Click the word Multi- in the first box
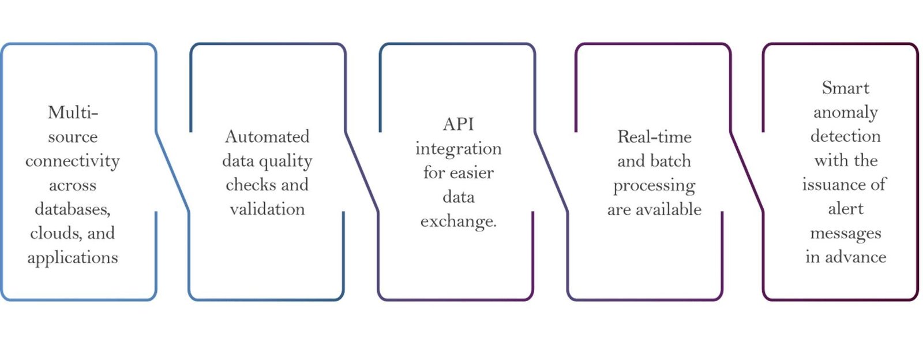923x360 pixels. click(x=73, y=112)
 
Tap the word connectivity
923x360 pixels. click(x=73, y=161)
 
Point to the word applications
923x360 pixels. click(x=73, y=257)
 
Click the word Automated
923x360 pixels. click(x=267, y=137)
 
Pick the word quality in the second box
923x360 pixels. click(x=287, y=162)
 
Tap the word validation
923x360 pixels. click(x=267, y=209)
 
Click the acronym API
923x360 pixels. click(x=458, y=124)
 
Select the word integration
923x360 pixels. click(x=458, y=149)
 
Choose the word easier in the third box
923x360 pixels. click(x=471, y=172)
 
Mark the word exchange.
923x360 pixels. click(x=458, y=222)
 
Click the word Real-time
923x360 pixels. click(x=654, y=137)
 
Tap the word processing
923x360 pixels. click(x=654, y=186)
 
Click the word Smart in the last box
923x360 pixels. click(x=845, y=88)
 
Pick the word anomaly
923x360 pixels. click(x=845, y=112)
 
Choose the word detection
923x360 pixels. click(x=845, y=136)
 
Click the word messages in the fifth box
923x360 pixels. click(x=845, y=233)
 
